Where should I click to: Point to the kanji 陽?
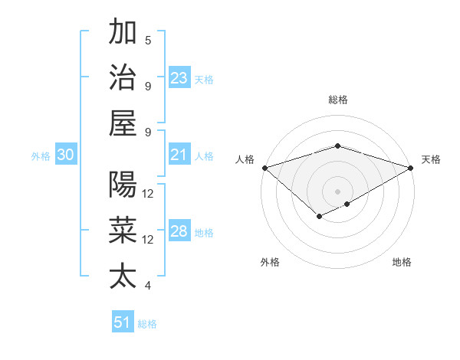click(123, 185)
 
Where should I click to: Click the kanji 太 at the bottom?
click(123, 276)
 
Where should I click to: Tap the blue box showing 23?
click(179, 78)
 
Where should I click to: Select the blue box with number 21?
click(179, 155)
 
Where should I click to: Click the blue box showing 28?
click(179, 232)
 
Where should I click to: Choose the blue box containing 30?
click(66, 155)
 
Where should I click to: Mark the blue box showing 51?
click(123, 322)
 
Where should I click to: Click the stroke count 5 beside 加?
click(148, 40)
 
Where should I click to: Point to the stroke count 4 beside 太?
click(148, 286)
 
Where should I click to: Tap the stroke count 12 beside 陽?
click(148, 194)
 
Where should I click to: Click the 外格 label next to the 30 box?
click(41, 156)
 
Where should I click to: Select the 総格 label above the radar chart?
click(338, 100)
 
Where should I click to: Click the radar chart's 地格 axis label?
click(402, 263)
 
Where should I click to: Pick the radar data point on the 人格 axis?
click(264, 168)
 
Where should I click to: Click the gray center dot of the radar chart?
click(338, 191)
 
